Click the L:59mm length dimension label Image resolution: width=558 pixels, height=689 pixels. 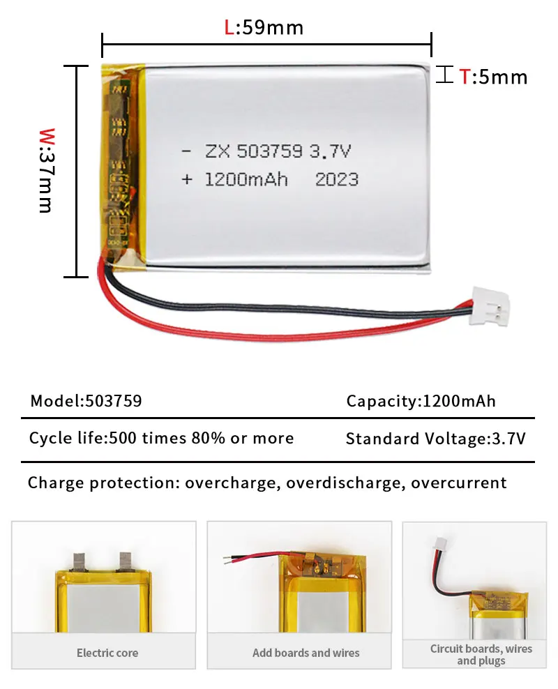click(264, 27)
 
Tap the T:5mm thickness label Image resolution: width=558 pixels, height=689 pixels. click(492, 76)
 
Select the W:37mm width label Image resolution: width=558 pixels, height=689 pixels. click(46, 170)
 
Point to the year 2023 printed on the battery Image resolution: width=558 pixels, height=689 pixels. click(337, 179)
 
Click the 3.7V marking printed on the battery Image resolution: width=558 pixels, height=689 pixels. click(338, 151)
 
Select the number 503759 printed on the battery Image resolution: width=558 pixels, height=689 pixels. click(270, 151)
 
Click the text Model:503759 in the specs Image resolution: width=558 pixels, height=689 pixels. click(86, 401)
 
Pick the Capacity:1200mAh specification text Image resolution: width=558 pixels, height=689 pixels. click(421, 401)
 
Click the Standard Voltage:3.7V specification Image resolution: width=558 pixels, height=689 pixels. click(435, 439)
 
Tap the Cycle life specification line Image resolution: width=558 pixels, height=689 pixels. click(161, 438)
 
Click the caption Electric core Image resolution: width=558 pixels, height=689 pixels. click(107, 653)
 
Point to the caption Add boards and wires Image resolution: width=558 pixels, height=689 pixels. click(306, 653)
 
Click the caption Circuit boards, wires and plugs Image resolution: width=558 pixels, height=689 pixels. click(481, 654)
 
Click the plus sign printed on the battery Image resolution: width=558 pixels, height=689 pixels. click(186, 179)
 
